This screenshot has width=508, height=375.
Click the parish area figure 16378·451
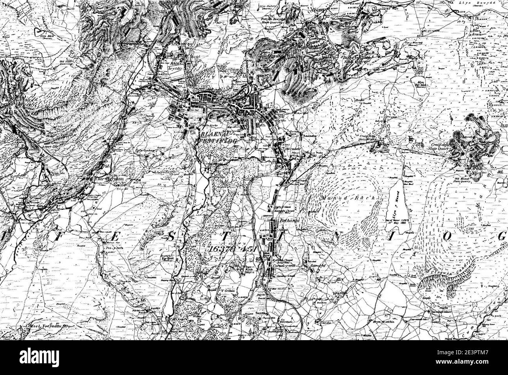click(x=229, y=249)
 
